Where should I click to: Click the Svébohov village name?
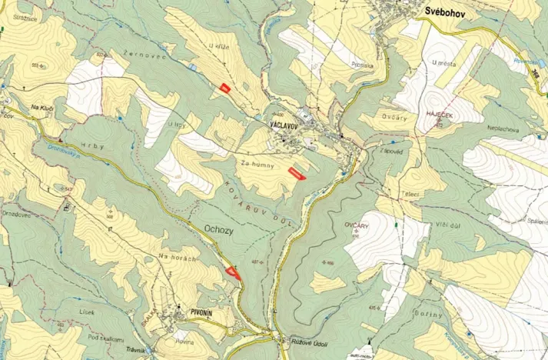click(x=449, y=12)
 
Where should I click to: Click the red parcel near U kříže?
click(x=224, y=88)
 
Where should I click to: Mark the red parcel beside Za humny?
click(x=296, y=173)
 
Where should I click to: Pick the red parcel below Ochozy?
click(x=233, y=271)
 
